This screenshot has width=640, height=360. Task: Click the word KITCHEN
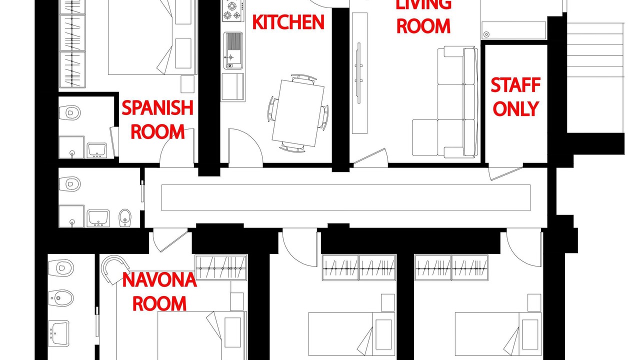[288, 22]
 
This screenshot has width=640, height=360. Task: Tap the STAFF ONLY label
[515, 97]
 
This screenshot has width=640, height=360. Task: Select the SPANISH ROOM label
[157, 119]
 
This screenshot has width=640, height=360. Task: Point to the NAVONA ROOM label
[159, 291]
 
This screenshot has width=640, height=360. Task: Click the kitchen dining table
[298, 113]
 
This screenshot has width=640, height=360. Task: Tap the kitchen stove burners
[233, 10]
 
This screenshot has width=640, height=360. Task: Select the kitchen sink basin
[233, 50]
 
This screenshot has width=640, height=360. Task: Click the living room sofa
[445, 101]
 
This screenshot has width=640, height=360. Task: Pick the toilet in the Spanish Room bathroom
[69, 112]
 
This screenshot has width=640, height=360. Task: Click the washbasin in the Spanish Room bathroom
[97, 150]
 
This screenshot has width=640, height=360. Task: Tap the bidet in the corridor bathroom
[125, 217]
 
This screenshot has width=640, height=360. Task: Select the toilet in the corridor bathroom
[69, 183]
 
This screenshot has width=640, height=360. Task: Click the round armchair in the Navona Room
[114, 269]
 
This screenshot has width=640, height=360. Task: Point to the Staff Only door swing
[505, 173]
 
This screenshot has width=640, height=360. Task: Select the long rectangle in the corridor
[345, 197]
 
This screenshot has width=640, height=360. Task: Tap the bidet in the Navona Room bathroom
[61, 298]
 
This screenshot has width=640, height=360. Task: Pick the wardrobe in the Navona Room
[221, 267]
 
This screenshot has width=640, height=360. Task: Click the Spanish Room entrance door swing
[177, 148]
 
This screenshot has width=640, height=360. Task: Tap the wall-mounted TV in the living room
[359, 73]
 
